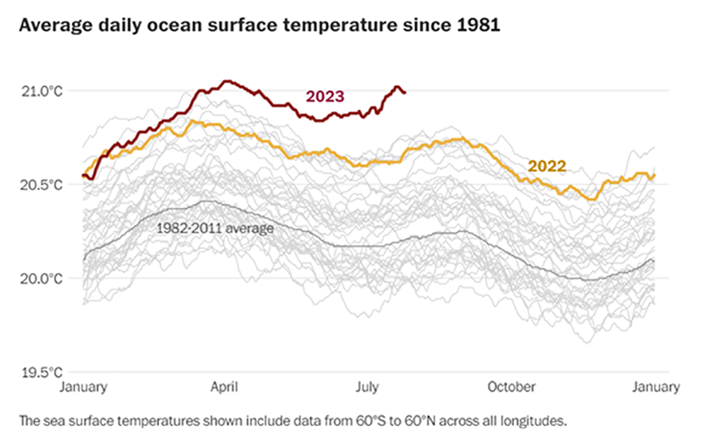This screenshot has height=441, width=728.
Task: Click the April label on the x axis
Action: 224,388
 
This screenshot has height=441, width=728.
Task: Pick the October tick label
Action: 512,388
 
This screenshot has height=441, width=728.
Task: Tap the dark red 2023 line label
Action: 325,96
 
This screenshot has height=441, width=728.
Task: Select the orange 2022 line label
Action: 547,167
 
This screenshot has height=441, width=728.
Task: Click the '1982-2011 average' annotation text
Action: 215,229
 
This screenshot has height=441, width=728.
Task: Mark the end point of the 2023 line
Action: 405,93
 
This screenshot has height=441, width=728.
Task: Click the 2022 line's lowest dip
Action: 591,199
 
